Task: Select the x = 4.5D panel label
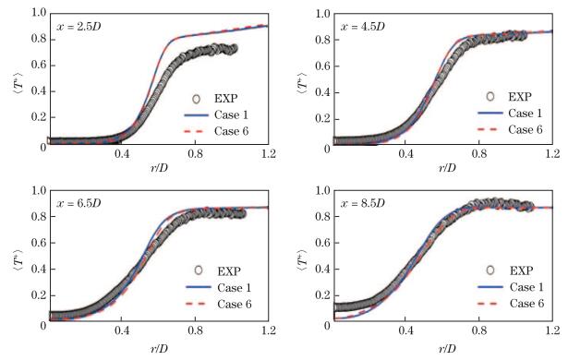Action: (363, 25)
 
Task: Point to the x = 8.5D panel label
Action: (363, 203)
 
